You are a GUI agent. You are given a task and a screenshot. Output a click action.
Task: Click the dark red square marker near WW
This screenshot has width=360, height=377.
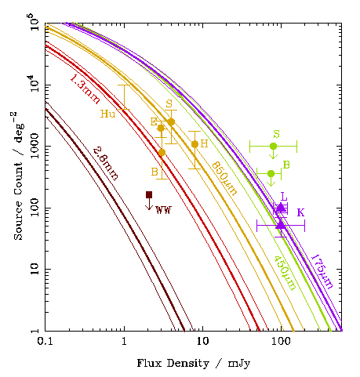click(x=149, y=195)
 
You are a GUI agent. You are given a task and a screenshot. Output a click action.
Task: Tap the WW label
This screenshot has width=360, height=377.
click(x=163, y=210)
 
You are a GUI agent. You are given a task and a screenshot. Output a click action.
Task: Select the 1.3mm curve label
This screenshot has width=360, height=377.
click(x=85, y=89)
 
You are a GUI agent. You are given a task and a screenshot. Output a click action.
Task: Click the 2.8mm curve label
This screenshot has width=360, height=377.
click(x=106, y=164)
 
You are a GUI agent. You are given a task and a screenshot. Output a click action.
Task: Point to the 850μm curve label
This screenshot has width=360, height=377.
click(x=224, y=179)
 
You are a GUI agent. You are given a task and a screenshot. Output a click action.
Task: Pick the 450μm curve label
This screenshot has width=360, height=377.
click(x=285, y=273)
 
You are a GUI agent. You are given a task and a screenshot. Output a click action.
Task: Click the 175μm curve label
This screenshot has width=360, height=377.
click(x=322, y=271)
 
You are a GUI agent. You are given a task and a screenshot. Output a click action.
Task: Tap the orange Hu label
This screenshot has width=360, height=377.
click(x=107, y=114)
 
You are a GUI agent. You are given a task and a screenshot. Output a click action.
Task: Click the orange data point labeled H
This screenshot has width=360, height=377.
click(x=195, y=144)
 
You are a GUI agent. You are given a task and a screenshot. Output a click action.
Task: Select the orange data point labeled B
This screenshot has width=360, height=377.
click(x=162, y=153)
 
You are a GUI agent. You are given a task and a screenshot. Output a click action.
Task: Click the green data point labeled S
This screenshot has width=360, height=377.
click(x=273, y=146)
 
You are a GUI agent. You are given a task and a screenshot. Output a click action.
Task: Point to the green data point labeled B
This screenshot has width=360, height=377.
click(x=271, y=173)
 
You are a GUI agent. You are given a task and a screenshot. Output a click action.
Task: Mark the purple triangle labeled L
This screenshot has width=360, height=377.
click(x=281, y=208)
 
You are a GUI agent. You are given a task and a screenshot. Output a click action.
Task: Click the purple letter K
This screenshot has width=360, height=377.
click(x=300, y=212)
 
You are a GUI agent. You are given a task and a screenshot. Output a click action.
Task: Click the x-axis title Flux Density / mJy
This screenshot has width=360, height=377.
click(x=194, y=364)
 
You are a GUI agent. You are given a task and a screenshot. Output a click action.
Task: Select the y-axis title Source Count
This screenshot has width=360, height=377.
click(x=18, y=201)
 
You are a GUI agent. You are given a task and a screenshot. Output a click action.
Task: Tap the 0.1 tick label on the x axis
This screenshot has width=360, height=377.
click(x=45, y=342)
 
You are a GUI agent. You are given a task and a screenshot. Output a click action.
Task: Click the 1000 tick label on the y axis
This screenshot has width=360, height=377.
click(x=35, y=146)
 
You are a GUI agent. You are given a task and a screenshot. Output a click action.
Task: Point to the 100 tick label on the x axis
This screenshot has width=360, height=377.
click(x=281, y=342)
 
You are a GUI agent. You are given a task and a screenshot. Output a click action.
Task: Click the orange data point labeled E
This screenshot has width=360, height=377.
click(x=161, y=128)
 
